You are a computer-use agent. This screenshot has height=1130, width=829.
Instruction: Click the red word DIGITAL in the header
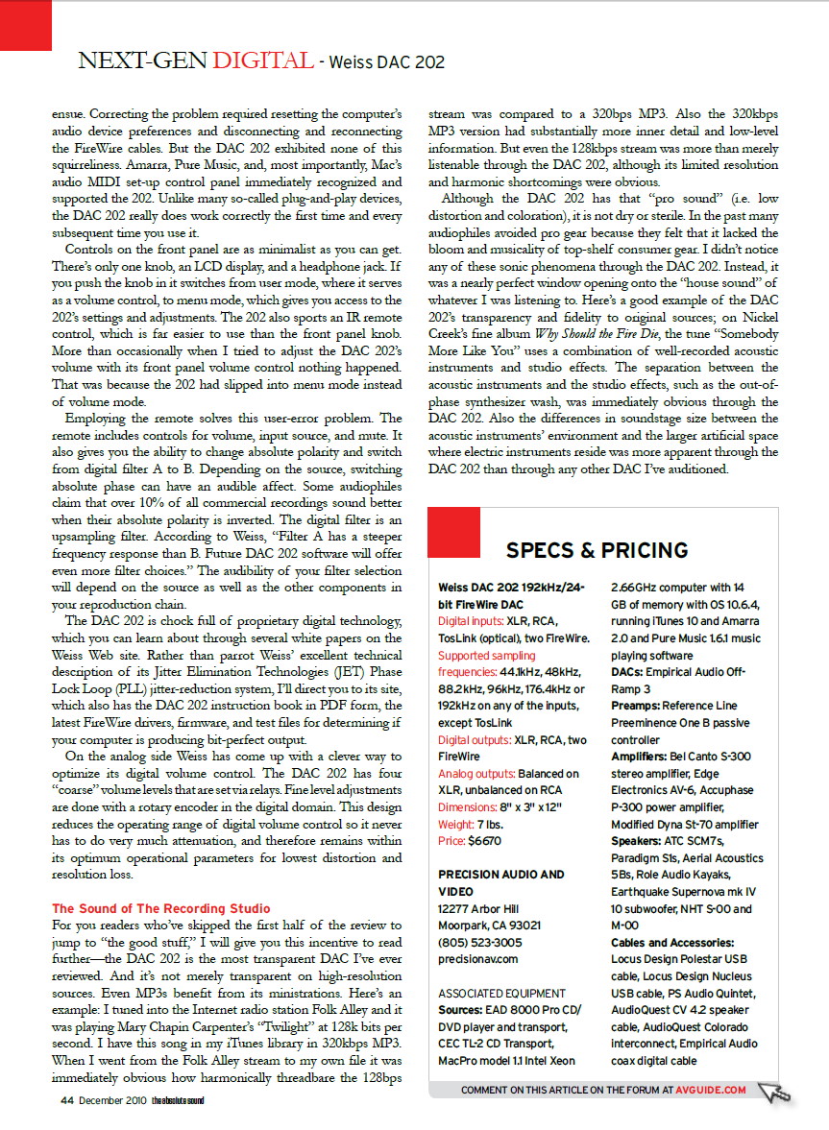[x=262, y=62]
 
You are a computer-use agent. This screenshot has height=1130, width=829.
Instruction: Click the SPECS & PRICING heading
[x=597, y=550]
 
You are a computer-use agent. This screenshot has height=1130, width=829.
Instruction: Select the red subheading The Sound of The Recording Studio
[x=161, y=908]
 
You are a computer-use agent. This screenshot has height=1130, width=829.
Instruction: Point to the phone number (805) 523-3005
[x=481, y=942]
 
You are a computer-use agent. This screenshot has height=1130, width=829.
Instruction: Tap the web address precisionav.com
[x=478, y=958]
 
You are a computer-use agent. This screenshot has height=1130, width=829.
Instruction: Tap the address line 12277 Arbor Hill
[x=478, y=908]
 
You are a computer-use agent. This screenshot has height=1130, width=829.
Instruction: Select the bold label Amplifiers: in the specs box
[x=644, y=757]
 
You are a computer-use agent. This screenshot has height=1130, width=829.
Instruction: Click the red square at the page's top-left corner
[x=25, y=24]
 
